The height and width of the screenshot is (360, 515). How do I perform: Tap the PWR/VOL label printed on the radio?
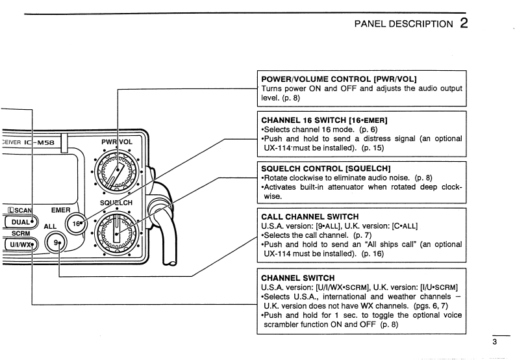click(x=118, y=142)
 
